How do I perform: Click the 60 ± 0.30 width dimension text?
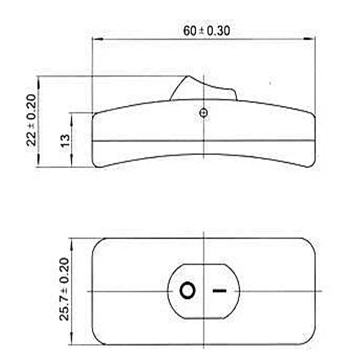click(207, 31)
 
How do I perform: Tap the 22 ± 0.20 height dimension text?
click(31, 120)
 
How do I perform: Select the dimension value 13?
click(65, 140)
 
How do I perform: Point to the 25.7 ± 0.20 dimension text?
click(64, 289)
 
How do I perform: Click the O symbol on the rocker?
click(188, 291)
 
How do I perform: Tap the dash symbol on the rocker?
click(220, 291)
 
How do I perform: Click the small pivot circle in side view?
click(204, 113)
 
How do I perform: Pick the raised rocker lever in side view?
click(203, 88)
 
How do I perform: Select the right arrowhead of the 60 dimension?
click(310, 39)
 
